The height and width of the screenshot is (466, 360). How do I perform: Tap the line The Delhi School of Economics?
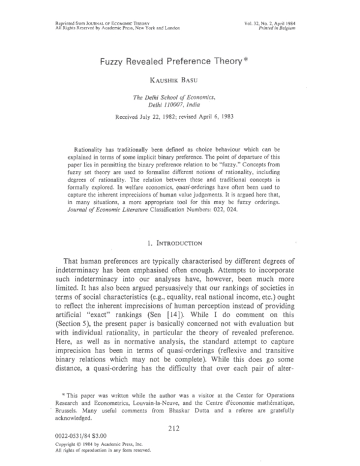point(180,97)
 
